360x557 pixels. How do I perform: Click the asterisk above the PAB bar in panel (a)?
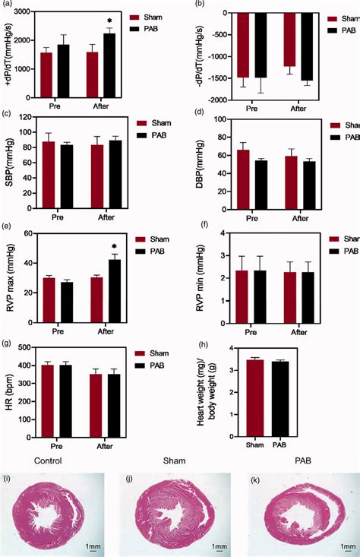(110, 22)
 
